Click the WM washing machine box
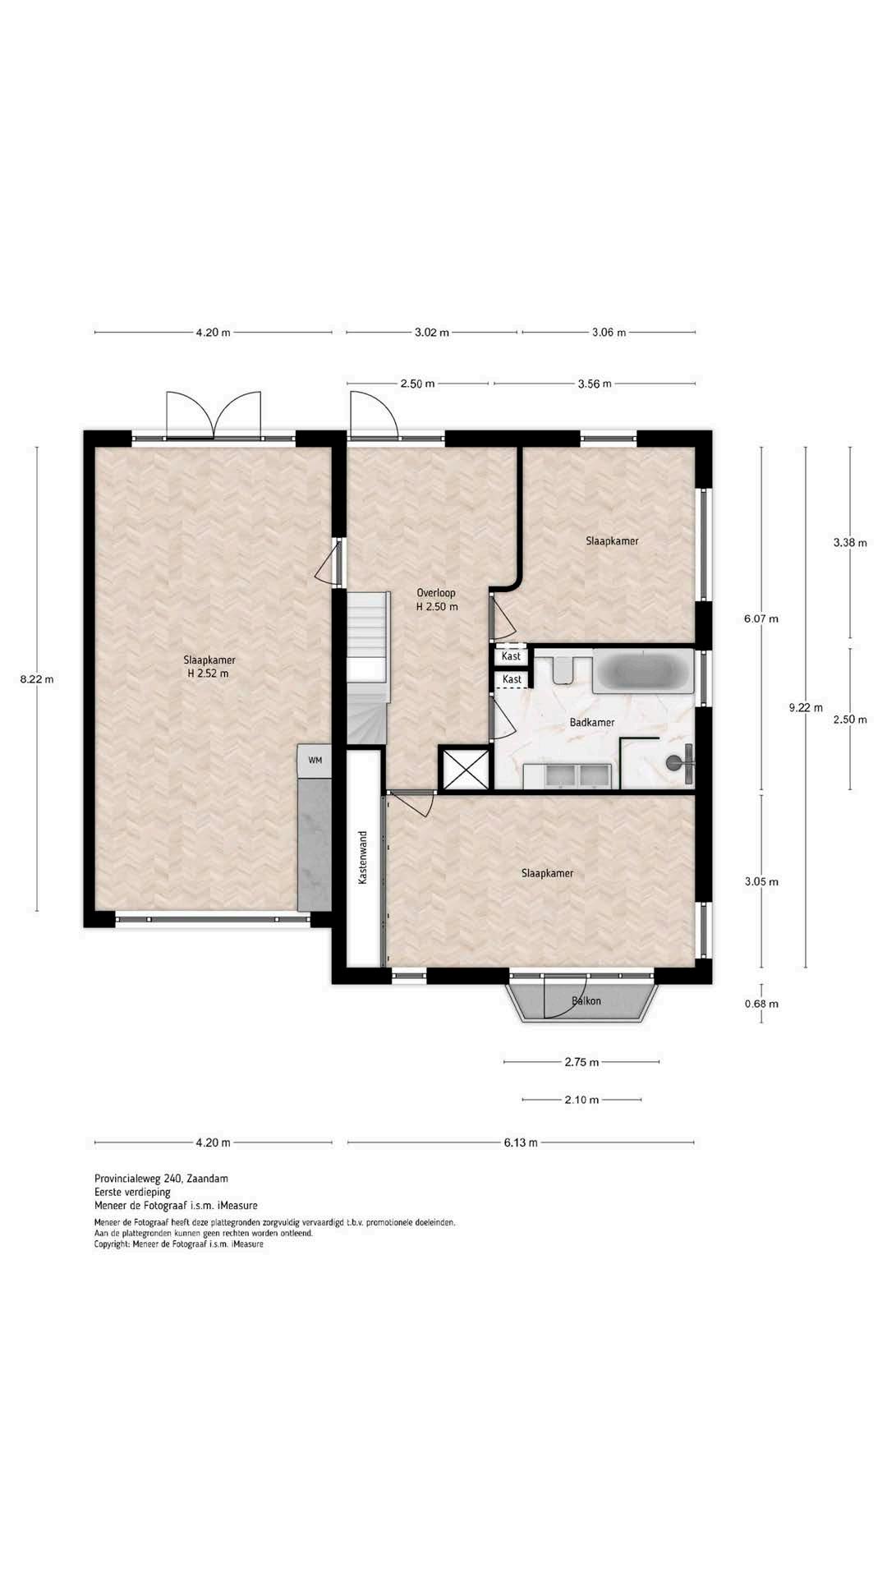click(315, 761)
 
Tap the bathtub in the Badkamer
click(643, 671)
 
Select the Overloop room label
click(436, 593)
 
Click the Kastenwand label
click(362, 857)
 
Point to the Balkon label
click(586, 1001)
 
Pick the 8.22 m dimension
click(37, 679)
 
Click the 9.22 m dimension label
click(806, 707)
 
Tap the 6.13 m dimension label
click(521, 1143)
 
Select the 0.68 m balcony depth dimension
click(761, 1004)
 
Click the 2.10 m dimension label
click(581, 1100)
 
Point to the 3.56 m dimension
click(595, 384)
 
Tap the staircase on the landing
click(366, 667)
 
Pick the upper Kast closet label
click(512, 657)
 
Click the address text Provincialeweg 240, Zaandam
click(161, 1178)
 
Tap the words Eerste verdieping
click(132, 1192)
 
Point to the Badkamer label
click(592, 723)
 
